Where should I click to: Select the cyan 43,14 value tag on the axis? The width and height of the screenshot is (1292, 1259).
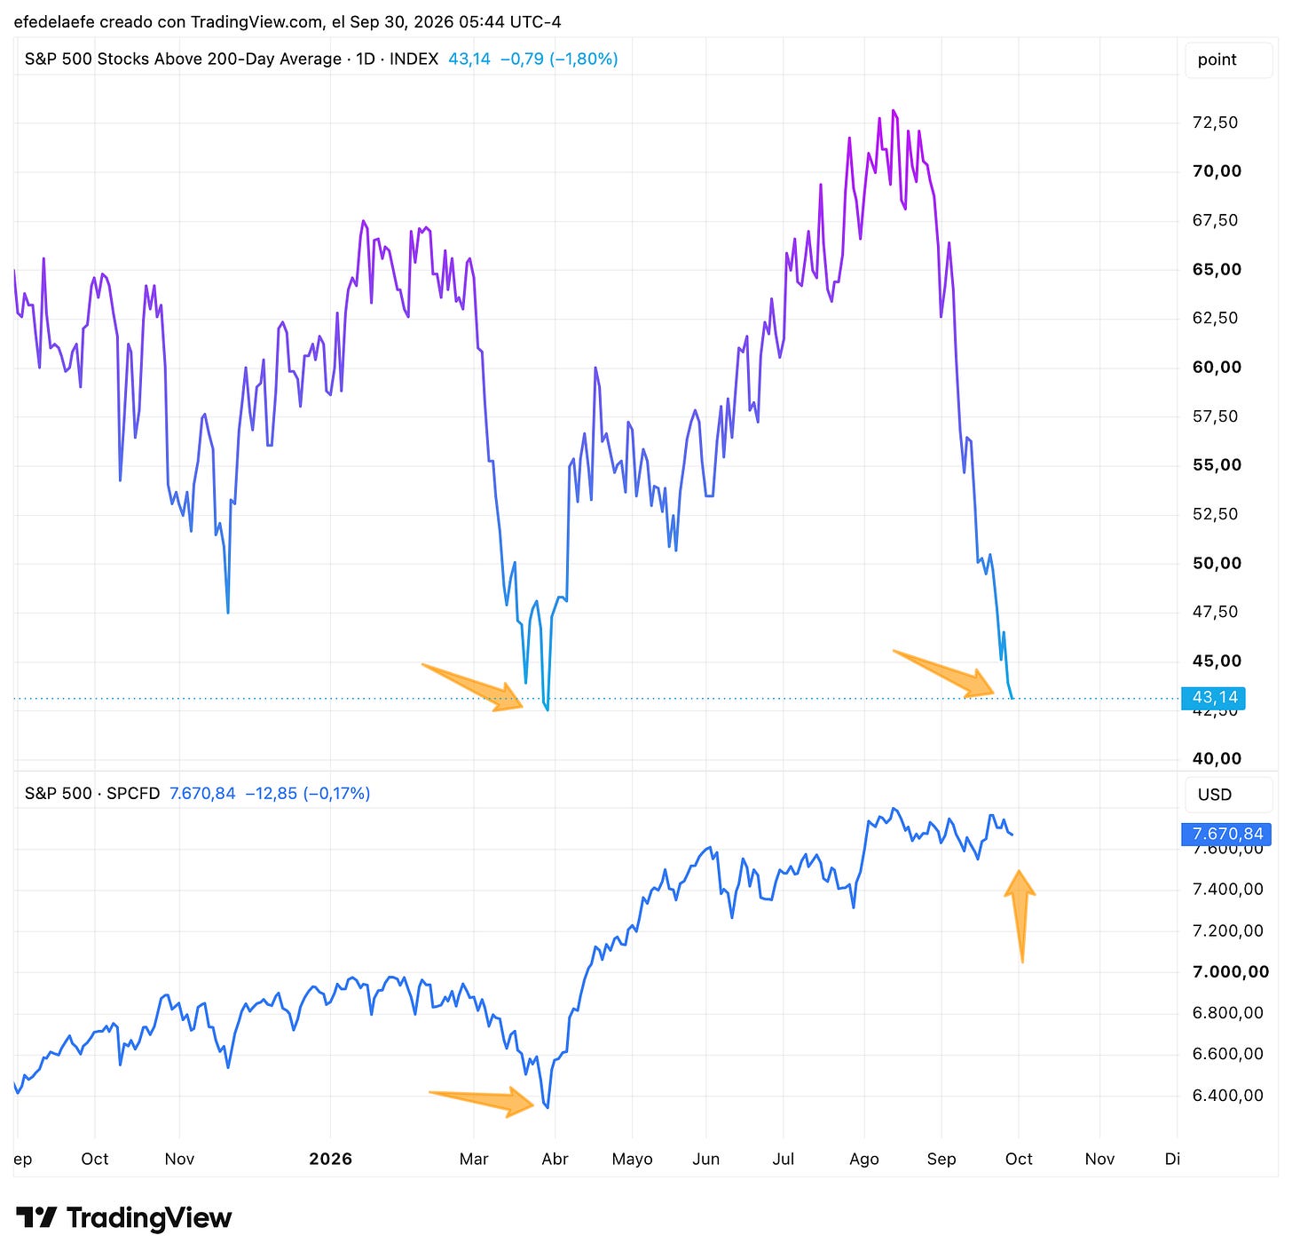1213,698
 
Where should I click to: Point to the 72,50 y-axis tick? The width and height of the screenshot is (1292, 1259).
1215,123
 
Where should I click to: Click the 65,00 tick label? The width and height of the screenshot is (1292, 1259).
1217,269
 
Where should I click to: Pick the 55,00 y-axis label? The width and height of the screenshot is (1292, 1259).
1217,464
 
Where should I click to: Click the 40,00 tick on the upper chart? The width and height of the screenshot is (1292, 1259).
1217,758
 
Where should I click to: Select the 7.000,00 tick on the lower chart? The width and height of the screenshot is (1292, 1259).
1230,971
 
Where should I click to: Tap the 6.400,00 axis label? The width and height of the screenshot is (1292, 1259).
1227,1095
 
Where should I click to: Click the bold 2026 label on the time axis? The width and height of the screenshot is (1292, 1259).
331,1159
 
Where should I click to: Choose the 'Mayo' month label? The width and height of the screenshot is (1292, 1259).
632,1160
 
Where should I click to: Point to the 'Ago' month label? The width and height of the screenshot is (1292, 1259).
863,1160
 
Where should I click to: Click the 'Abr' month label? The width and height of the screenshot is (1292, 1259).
555,1159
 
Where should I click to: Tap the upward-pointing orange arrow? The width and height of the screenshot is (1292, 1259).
1020,916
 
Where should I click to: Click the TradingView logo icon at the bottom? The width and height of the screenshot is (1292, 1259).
35,1217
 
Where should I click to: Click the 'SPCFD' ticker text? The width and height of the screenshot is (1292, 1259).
133,793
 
